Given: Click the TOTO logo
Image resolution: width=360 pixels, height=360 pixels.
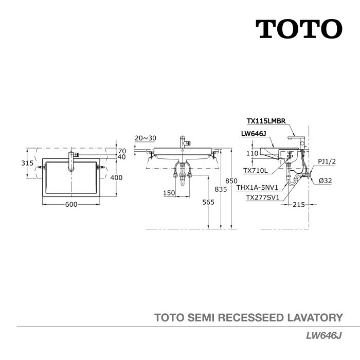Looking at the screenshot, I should [x=299, y=29].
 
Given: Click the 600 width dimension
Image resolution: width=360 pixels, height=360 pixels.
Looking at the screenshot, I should [x=71, y=204].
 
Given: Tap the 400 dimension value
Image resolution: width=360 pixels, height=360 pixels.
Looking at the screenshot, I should [x=117, y=177].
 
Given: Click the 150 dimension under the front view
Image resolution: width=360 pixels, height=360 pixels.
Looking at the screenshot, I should [x=169, y=193].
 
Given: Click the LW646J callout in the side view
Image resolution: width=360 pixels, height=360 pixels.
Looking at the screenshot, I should [x=253, y=134].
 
